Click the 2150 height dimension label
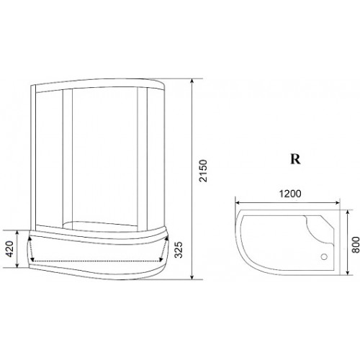[203, 171]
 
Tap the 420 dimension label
[9, 249]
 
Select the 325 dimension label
[179, 250]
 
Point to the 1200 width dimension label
[290, 194]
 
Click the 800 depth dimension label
[356, 245]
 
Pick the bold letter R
[295, 158]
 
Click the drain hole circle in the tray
[324, 257]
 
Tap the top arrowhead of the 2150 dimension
[192, 81]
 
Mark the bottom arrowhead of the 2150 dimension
[192, 276]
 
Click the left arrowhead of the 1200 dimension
[238, 203]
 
